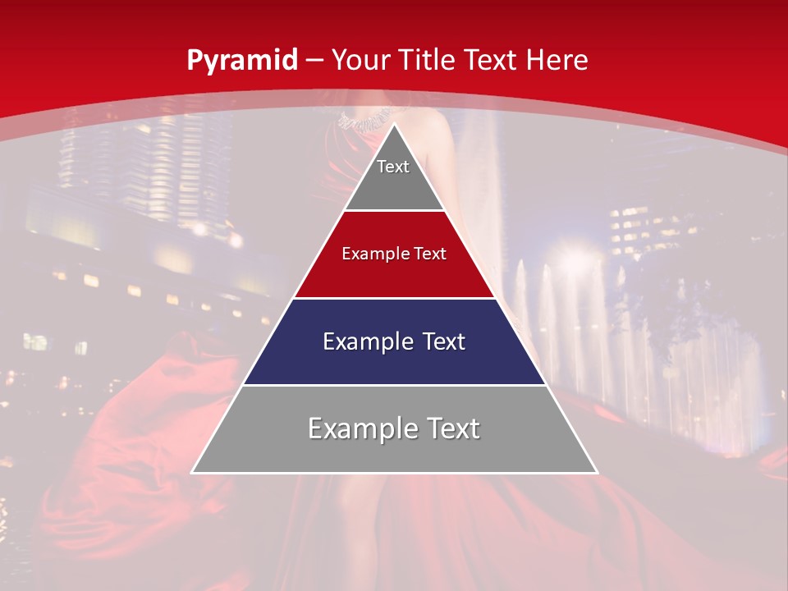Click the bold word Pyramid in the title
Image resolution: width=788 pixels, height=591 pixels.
point(241,60)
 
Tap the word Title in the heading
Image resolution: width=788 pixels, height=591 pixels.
point(429,60)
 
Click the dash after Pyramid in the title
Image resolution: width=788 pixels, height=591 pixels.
point(314,61)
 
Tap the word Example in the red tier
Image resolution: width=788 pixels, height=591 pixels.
point(371,254)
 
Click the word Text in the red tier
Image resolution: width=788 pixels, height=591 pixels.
point(431,254)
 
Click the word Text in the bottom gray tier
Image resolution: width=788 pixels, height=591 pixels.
point(451,428)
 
